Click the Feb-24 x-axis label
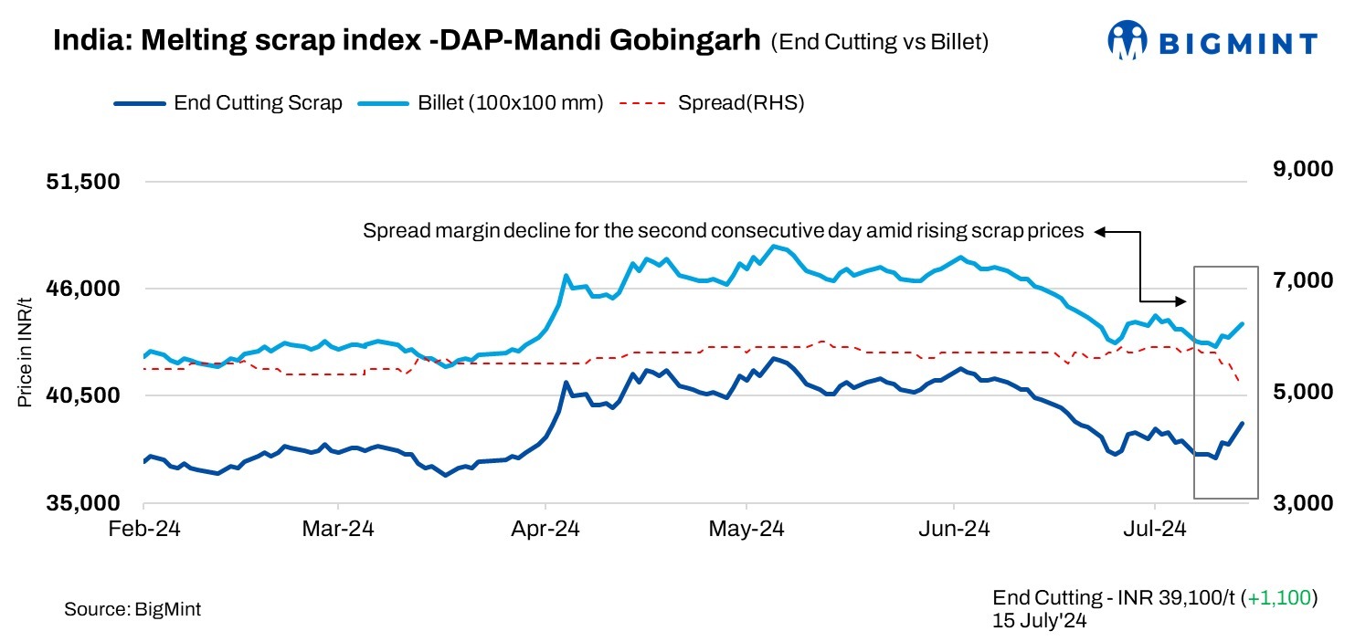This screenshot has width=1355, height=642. coord(144,529)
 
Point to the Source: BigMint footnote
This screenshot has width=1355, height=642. coord(132,609)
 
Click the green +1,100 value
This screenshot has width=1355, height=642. coord(1281,598)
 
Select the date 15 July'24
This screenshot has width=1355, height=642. coord(1040,619)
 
